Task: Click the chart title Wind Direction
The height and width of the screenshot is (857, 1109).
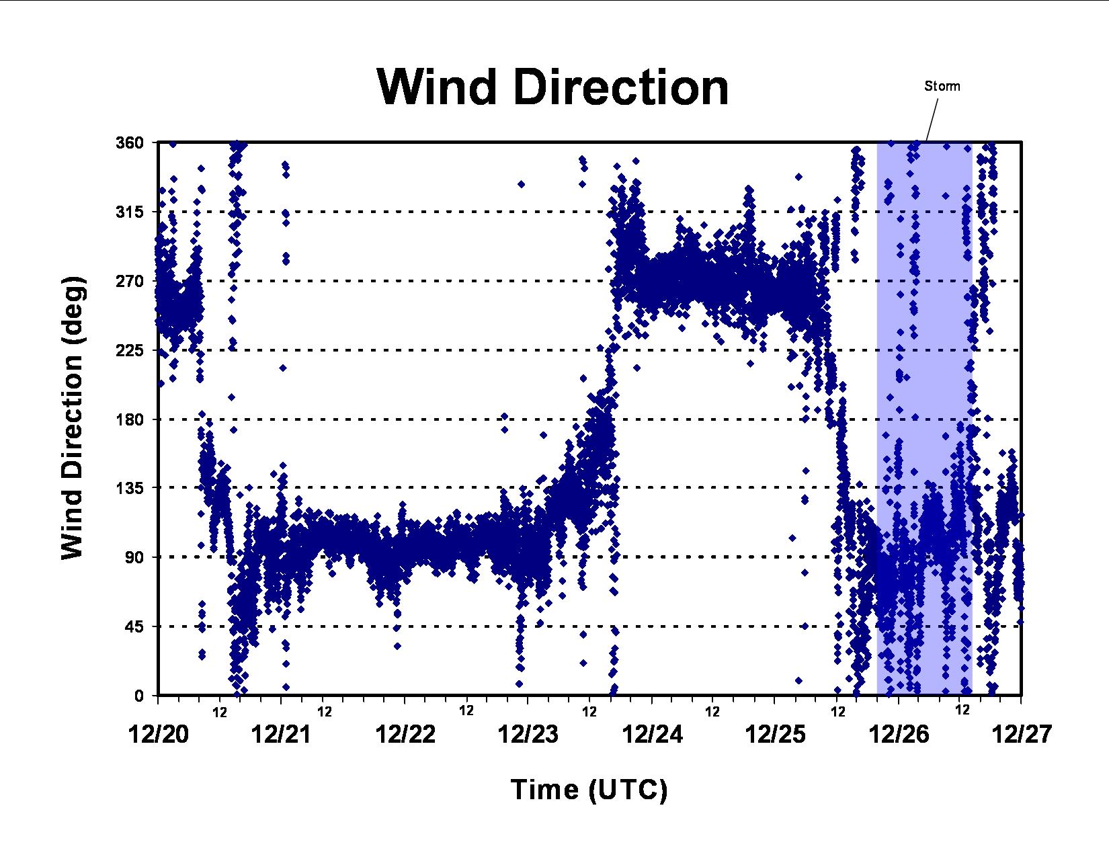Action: point(552,87)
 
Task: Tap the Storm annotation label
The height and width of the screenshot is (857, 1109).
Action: point(942,86)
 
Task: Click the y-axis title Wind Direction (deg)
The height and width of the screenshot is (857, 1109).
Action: point(73,418)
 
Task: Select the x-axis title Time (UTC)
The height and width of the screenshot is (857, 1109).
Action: point(589,790)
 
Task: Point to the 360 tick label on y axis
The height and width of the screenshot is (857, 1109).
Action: point(130,142)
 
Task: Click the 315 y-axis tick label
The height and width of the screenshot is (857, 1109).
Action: point(130,212)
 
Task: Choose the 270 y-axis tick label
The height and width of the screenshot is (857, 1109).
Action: point(130,281)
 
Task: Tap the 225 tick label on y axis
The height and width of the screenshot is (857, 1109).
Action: point(130,350)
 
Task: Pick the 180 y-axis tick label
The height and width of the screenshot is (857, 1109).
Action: point(130,419)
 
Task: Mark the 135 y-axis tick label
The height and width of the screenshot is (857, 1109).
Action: point(130,488)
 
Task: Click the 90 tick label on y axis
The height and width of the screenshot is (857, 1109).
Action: point(135,557)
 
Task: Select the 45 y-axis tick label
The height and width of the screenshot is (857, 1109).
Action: point(135,626)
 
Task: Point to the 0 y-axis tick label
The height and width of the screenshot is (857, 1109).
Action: point(139,696)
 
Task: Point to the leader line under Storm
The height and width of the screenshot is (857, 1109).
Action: point(932,120)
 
